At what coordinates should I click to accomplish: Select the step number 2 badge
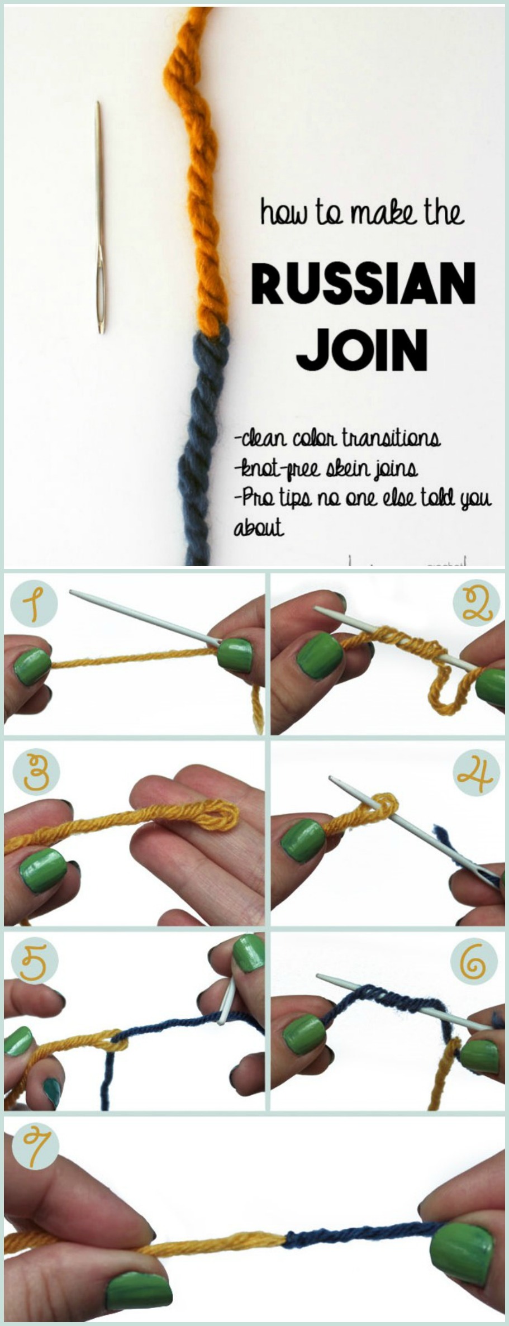point(475,605)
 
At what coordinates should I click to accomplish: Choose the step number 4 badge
point(475,773)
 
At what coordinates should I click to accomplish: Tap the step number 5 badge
point(32,961)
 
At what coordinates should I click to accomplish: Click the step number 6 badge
point(475,961)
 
